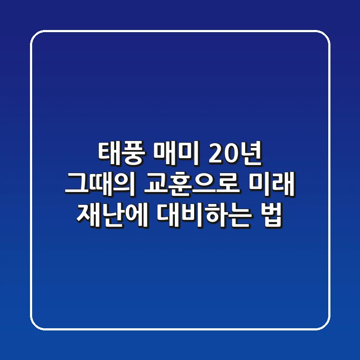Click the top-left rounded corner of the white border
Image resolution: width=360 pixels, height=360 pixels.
(x=35, y=35)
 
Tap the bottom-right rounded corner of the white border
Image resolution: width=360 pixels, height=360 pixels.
(x=325, y=325)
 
